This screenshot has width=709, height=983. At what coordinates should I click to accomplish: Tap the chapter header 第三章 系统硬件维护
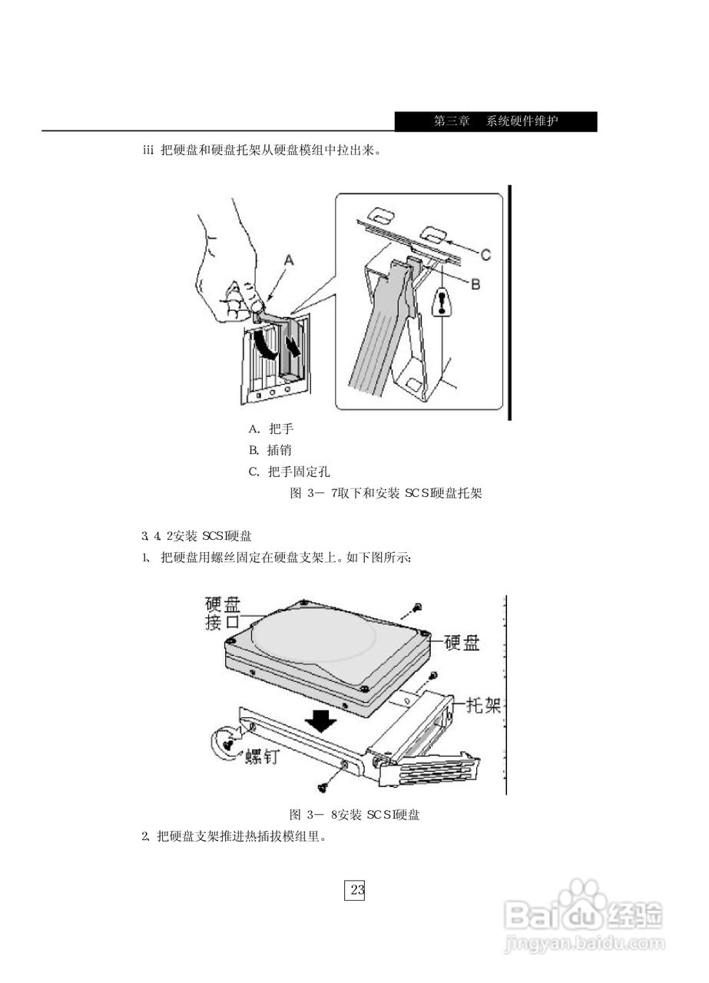point(495,121)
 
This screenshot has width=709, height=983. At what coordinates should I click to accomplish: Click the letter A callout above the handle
point(289,260)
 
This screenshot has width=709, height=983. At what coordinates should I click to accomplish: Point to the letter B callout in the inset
point(475,284)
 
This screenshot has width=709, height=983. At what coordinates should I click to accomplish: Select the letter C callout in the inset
point(485,253)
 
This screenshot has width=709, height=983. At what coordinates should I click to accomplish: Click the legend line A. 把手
point(271,429)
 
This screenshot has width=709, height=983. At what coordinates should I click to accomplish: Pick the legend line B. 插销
point(270,450)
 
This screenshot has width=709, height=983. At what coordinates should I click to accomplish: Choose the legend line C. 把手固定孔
point(289,471)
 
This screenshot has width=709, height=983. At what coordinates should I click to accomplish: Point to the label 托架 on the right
point(482,704)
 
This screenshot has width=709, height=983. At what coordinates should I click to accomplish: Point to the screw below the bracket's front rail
point(322,786)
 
